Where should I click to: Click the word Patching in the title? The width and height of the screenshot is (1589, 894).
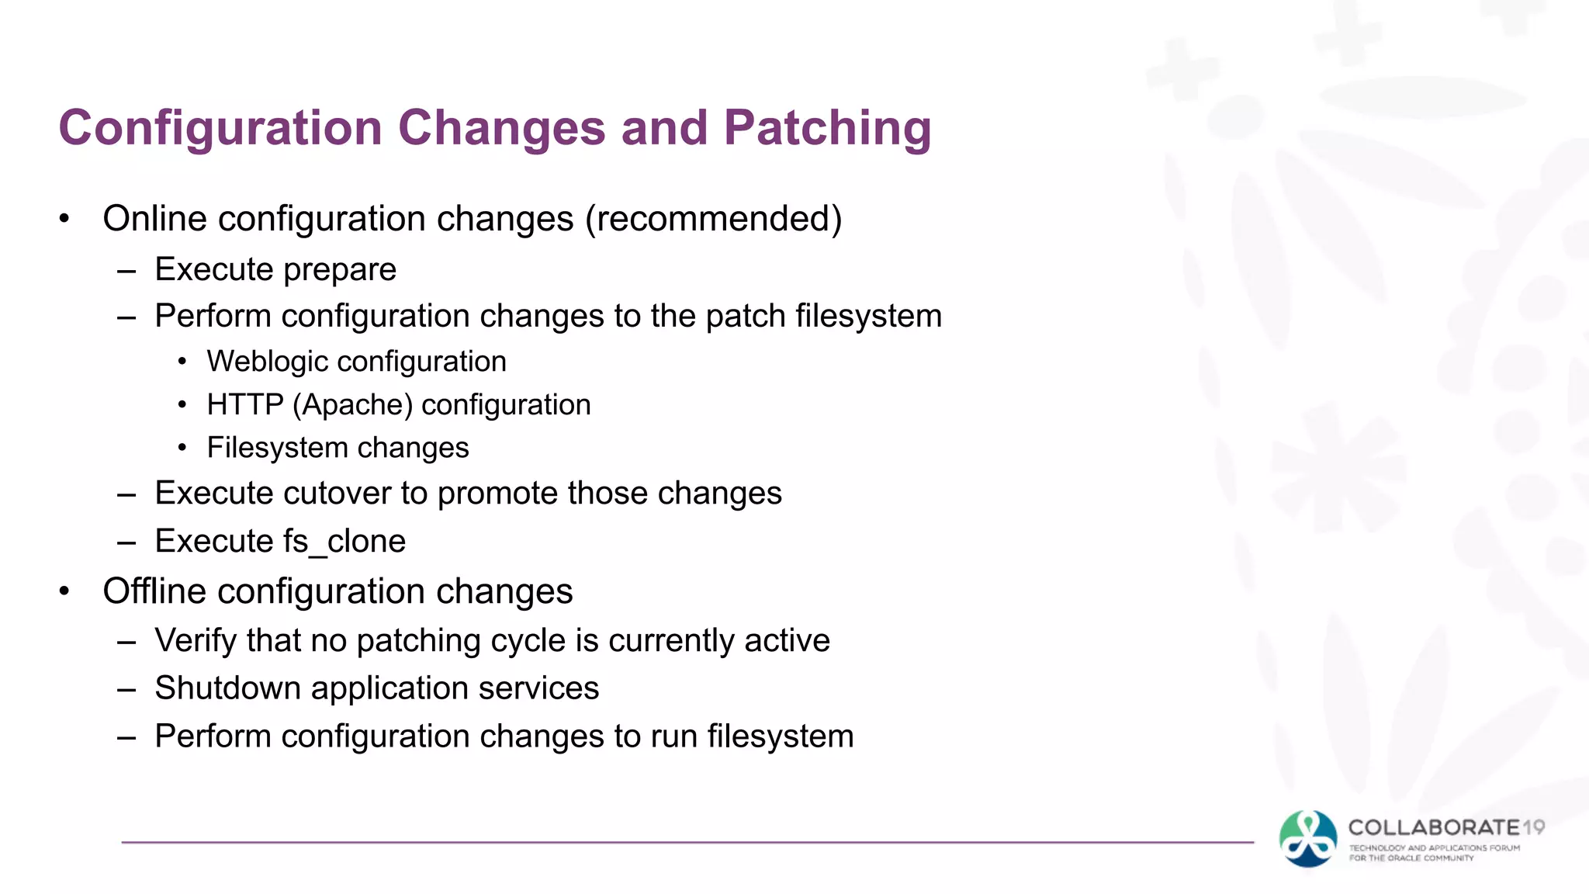[827, 128]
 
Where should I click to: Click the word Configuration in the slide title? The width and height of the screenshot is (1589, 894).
[220, 128]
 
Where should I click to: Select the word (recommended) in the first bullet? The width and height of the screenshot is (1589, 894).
[713, 219]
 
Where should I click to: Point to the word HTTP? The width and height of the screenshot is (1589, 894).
[245, 405]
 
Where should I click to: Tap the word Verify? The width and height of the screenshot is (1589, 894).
[196, 641]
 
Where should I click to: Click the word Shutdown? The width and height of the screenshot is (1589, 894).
[227, 688]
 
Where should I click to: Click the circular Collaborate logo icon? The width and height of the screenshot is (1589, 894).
[1308, 839]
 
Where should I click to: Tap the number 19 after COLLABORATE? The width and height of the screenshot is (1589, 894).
[1533, 827]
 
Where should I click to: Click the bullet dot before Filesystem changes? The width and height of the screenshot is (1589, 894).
[182, 448]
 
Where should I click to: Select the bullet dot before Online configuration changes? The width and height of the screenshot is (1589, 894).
[65, 220]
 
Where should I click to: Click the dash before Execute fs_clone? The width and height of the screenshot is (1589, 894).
[126, 542]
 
